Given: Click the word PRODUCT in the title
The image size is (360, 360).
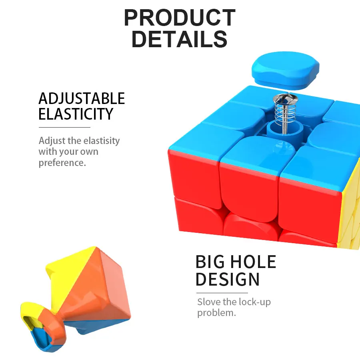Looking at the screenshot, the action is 180,18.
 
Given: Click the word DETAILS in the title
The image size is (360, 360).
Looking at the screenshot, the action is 180,39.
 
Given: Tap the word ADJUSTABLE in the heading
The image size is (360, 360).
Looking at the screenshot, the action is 82,98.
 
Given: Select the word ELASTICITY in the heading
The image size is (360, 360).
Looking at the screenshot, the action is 76,114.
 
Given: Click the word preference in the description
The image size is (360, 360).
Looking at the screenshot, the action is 62,163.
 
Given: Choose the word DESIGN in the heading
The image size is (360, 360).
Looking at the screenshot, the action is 228,279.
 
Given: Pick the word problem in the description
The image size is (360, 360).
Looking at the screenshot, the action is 216,313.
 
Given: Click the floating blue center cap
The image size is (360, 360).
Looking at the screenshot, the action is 285,70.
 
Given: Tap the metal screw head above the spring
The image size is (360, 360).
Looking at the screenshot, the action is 285,100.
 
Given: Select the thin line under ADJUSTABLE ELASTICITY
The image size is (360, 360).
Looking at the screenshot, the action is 64,127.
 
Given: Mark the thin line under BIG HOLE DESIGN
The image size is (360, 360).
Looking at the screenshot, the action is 222,293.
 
